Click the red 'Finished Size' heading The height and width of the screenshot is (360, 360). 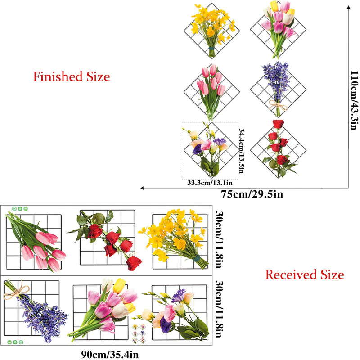click(x=72, y=76)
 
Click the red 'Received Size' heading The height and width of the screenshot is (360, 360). click(x=305, y=274)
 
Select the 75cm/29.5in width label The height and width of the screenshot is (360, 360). click(x=252, y=194)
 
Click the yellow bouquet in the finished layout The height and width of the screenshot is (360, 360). click(x=209, y=28)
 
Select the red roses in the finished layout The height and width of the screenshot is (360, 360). click(x=276, y=144)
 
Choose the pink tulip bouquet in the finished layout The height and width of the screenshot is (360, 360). click(x=210, y=88)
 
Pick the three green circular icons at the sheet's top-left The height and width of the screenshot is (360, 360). click(x=20, y=209)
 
